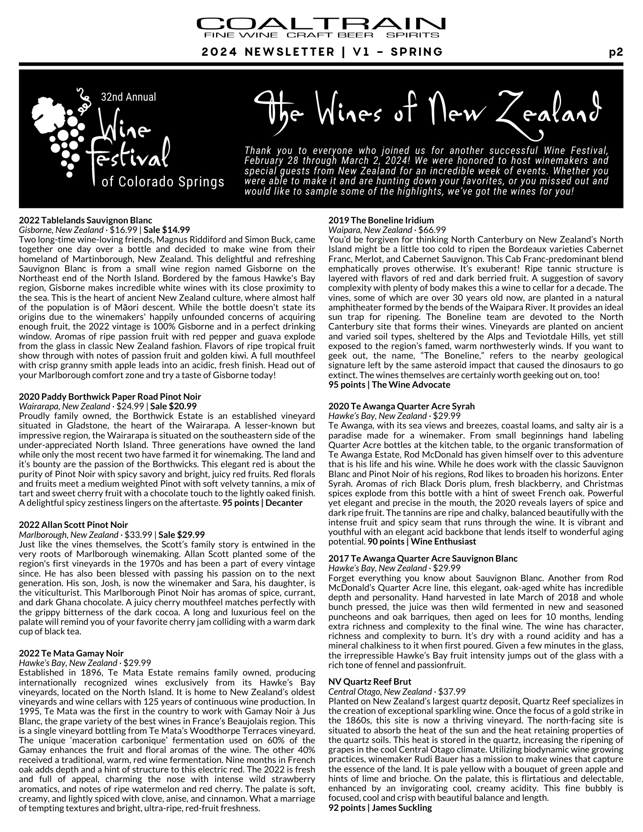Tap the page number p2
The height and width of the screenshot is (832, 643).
[616, 52]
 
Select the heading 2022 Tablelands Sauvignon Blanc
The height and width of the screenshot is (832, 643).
[86, 220]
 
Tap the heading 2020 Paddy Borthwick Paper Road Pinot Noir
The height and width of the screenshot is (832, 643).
[110, 396]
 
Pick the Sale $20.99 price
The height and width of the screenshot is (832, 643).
[174, 406]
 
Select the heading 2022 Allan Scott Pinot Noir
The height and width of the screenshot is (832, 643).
[74, 525]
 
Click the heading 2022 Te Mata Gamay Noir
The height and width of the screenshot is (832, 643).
[71, 653]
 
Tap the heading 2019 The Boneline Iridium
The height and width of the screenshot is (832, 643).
[381, 220]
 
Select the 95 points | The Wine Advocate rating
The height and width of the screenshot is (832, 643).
[389, 384]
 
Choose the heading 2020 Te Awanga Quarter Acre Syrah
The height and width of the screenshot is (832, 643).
[401, 406]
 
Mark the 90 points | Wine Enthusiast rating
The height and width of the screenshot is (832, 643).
[422, 541]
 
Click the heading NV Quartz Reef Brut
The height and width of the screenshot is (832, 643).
[370, 681]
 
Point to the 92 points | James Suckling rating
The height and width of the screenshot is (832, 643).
[380, 807]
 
